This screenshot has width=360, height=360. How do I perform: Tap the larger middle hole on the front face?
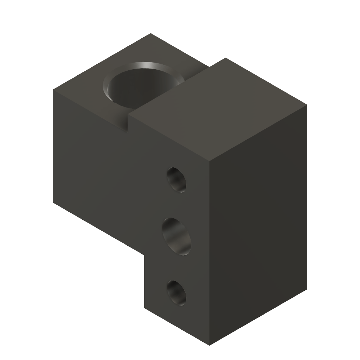pyautogui.click(x=177, y=236)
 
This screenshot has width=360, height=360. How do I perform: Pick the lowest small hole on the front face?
pyautogui.click(x=176, y=292)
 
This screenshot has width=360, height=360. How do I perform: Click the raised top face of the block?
pyautogui.click(x=218, y=109)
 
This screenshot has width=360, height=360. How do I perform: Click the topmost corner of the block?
pyautogui.click(x=151, y=34)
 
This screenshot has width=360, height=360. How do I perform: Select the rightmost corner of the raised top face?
pyautogui.click(x=307, y=104)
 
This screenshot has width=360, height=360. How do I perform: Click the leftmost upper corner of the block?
pyautogui.click(x=53, y=90)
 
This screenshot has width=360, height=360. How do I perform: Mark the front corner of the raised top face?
pyautogui.click(x=210, y=160)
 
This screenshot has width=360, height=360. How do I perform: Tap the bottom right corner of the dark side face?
pyautogui.click(x=307, y=289)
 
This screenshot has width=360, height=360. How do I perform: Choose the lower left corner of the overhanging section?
pyautogui.click(x=53, y=203)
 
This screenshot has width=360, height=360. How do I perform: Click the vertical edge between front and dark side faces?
pyautogui.click(x=210, y=253)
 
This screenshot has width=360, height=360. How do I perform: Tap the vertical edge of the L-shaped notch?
pyautogui.click(x=144, y=281)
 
